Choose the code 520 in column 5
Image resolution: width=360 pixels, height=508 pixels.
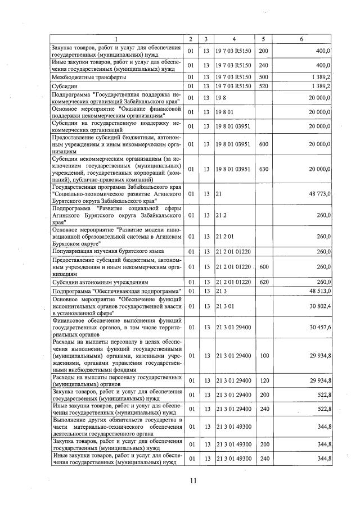tap(263, 87)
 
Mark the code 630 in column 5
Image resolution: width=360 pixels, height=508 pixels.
tap(263, 169)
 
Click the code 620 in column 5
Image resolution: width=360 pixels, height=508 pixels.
tap(263, 282)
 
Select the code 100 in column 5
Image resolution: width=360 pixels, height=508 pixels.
tap(263, 355)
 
